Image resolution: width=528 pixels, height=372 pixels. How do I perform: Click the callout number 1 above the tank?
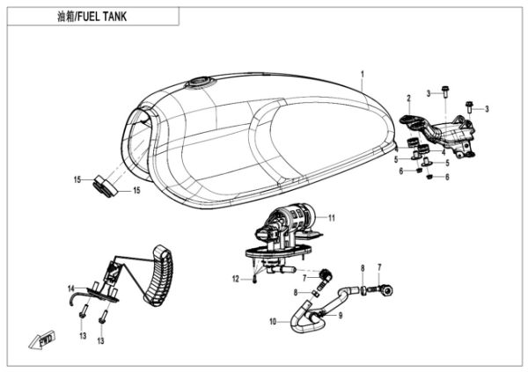click(362, 69)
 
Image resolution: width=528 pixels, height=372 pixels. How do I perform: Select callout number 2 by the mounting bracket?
click(408, 98)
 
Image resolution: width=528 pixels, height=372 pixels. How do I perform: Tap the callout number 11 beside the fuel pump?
click(332, 215)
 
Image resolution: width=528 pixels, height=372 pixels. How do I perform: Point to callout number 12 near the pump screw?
click(237, 279)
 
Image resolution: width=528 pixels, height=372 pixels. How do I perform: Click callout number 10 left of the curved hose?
click(273, 323)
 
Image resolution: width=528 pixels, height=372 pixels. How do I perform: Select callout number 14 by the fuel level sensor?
click(71, 288)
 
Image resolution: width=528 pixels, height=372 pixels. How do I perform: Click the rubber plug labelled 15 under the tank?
click(104, 186)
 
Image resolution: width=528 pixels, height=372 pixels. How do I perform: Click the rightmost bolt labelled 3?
click(469, 108)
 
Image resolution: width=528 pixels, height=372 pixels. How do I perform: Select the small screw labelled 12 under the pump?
click(253, 279)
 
